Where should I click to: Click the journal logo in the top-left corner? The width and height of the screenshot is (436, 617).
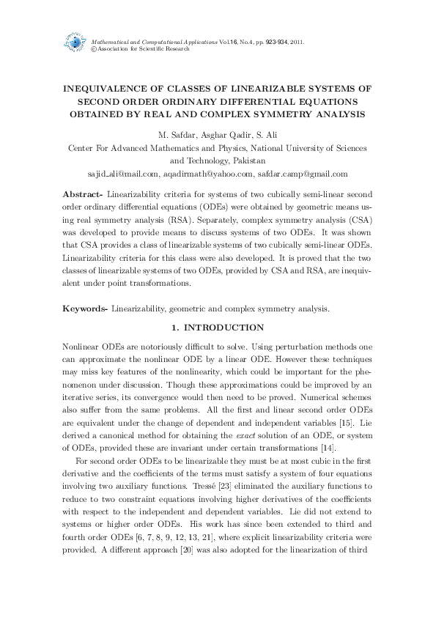[x=75, y=43]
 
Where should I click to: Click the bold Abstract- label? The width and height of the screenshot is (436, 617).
[x=81, y=194]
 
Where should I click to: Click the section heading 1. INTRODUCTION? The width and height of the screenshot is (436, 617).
[x=218, y=327]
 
